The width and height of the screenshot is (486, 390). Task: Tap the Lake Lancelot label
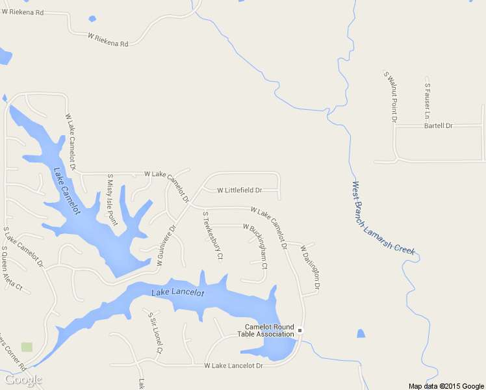coord(177,293)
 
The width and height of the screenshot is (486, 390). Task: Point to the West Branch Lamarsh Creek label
coord(383,218)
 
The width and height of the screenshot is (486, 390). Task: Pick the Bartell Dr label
coord(438,125)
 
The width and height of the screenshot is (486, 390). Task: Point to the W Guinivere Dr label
coord(166,247)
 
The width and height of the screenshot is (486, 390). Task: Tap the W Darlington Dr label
coord(311,266)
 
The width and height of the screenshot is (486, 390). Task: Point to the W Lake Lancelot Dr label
coord(233,366)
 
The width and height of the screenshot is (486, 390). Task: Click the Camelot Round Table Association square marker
coord(300,331)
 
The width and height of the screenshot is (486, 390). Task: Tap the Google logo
coord(23,380)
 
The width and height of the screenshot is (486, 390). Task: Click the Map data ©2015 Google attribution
coord(446,386)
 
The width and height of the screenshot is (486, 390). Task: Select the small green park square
coord(27,346)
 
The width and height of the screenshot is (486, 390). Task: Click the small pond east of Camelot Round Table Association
coord(361,333)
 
